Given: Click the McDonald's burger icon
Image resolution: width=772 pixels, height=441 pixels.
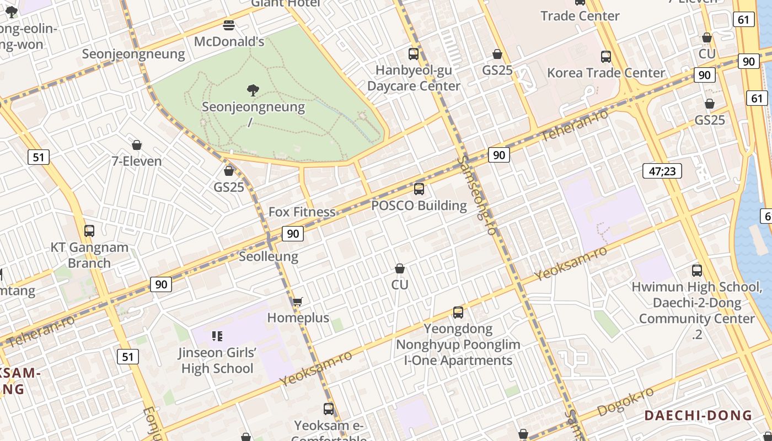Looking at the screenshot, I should coord(229,25).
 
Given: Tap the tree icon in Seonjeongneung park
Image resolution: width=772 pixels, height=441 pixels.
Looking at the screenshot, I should coord(253,90).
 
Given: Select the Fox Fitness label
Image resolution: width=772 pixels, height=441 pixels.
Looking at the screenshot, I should coord(302,212).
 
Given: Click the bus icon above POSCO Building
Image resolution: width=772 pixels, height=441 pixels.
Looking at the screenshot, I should coord(419,189).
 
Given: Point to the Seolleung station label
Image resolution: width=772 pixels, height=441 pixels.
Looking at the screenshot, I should coord(269,256).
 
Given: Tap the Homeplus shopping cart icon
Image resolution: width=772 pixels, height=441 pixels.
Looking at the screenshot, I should coord(298,302).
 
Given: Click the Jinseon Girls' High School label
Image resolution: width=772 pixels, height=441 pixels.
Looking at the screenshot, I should coord(217,361).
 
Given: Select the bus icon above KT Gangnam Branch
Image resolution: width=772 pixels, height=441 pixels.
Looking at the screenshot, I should coord(89,231).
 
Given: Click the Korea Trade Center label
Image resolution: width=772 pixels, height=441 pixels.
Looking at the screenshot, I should coord(606,73).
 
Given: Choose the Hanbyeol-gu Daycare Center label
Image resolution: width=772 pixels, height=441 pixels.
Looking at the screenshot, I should coord(414,78).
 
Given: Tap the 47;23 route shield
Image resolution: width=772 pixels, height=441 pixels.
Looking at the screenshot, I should coord(662,171).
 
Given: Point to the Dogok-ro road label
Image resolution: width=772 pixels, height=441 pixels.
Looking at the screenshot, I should coord(626,402).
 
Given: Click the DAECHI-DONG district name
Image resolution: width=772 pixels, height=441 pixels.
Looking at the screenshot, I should coord(698,415).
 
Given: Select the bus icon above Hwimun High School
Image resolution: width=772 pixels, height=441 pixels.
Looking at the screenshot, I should coord(697,271).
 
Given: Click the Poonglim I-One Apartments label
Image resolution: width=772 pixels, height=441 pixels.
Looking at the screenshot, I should coord(458,352).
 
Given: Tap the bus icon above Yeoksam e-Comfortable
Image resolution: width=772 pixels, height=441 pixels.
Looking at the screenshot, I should coord(329,409).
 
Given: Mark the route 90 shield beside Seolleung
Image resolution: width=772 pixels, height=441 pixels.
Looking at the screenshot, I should coord(293,234).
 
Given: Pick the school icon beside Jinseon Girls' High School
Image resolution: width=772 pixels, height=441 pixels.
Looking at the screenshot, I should coord(217,336).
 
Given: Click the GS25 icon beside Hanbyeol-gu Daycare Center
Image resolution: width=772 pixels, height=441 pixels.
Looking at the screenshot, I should coord(497,54).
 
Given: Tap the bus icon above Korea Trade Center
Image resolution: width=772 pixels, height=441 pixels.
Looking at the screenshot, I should coord(606,56).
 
